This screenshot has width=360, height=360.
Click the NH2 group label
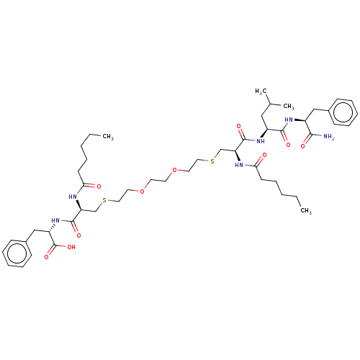click(329, 137)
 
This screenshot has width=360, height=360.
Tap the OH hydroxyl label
click(71, 246)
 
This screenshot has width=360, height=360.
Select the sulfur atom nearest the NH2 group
click(212, 161)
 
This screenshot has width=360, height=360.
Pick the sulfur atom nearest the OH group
click(104, 199)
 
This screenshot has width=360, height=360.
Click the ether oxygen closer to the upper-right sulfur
click(174, 171)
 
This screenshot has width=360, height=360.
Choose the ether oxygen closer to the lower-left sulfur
click(143, 192)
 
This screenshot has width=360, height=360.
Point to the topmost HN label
click(289, 120)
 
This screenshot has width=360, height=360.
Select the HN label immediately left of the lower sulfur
click(73, 196)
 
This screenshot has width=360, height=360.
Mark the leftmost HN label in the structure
click(55, 220)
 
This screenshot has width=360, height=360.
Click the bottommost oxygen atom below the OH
click(48, 256)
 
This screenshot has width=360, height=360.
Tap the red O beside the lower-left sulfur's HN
click(99, 186)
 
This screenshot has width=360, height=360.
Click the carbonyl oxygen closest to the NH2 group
click(305, 145)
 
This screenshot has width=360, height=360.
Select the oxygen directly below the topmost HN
click(288, 145)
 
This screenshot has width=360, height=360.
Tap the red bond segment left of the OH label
click(63, 246)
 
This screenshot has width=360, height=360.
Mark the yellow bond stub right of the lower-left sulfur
click(111, 201)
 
